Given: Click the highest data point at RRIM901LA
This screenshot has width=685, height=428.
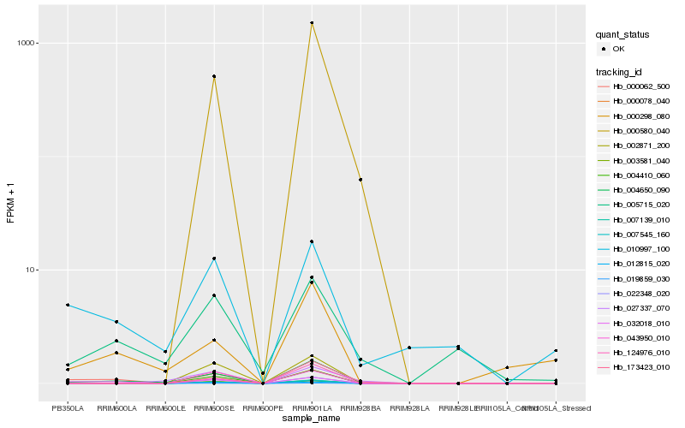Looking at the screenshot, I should (x=312, y=23).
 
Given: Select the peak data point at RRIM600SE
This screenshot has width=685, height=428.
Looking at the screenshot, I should (x=214, y=77).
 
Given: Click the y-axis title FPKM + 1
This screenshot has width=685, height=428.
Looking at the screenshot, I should (x=11, y=202).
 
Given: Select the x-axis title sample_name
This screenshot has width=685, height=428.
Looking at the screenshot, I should (x=312, y=418).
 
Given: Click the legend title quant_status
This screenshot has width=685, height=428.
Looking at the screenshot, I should (x=622, y=34).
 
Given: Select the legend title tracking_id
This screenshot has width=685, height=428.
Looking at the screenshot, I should (x=620, y=71).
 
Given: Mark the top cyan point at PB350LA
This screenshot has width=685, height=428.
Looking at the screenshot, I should (x=68, y=306).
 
